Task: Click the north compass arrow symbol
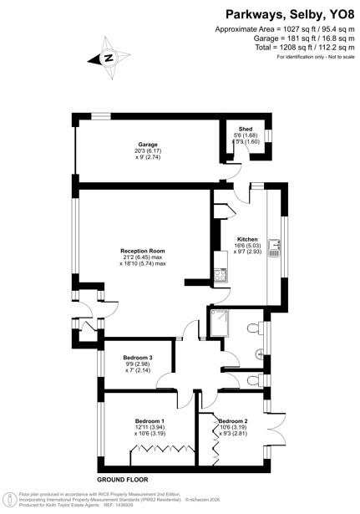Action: pyautogui.click(x=108, y=58)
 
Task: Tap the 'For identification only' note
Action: pyautogui.click(x=317, y=58)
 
